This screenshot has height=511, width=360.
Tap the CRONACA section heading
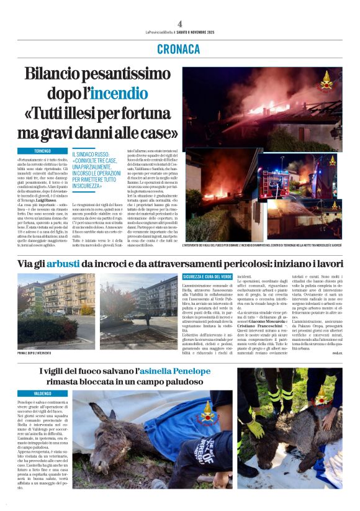(179, 48)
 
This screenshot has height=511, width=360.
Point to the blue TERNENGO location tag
(42, 151)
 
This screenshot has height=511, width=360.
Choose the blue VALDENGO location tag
(42, 394)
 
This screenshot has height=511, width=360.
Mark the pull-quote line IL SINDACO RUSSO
(93, 154)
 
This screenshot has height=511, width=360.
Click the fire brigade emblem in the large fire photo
(325, 79)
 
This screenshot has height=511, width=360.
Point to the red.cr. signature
(335, 353)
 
